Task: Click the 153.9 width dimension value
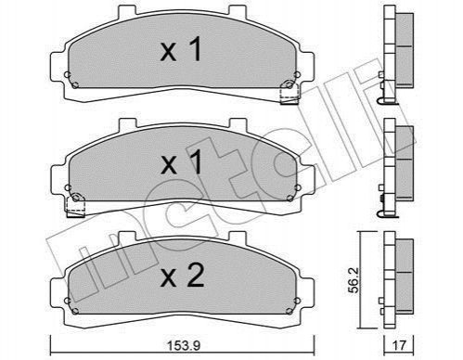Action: (x=184, y=345)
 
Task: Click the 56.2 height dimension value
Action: (x=354, y=280)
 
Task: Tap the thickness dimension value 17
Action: (x=399, y=345)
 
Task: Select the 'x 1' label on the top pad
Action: (x=181, y=49)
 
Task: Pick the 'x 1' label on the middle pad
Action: (x=181, y=161)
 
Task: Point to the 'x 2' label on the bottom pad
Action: (x=182, y=276)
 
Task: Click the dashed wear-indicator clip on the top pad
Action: (x=289, y=94)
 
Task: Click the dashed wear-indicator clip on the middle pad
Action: (x=76, y=206)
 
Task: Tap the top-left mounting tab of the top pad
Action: (x=127, y=11)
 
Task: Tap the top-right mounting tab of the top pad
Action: (x=238, y=11)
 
